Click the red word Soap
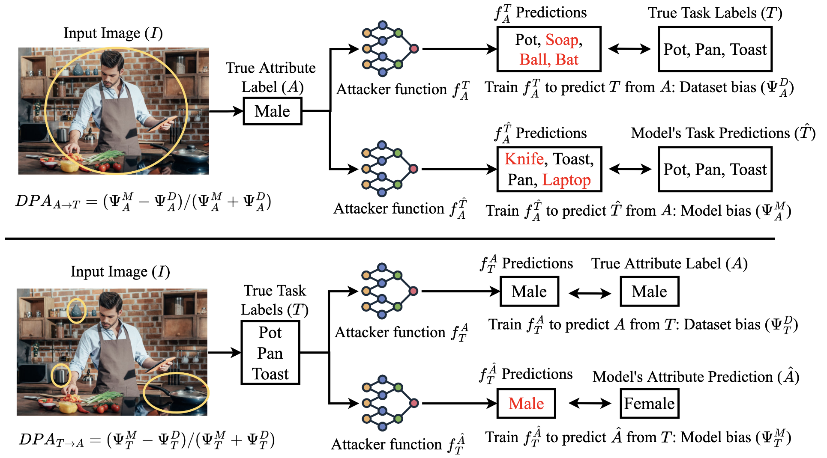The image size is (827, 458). pyautogui.click(x=562, y=40)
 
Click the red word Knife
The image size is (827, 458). pyautogui.click(x=524, y=159)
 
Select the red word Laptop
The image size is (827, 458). pyautogui.click(x=566, y=180)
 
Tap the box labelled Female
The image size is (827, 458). pyautogui.click(x=649, y=403)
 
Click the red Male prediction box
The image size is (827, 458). pyautogui.click(x=526, y=403)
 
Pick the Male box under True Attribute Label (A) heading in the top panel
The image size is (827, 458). pyautogui.click(x=273, y=111)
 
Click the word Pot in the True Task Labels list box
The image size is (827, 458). pyautogui.click(x=270, y=333)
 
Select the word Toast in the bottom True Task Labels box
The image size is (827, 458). pyautogui.click(x=270, y=374)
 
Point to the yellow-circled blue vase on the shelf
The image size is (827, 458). pyautogui.click(x=77, y=310)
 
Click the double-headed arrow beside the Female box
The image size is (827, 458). pyautogui.click(x=590, y=403)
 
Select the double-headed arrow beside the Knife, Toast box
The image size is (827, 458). pyautogui.click(x=630, y=169)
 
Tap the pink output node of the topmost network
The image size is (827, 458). pyautogui.click(x=414, y=48)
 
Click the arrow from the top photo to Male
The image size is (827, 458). pyautogui.click(x=226, y=111)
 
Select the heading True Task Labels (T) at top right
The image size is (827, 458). pyautogui.click(x=715, y=13)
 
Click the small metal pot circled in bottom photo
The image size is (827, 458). pyautogui.click(x=62, y=375)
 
